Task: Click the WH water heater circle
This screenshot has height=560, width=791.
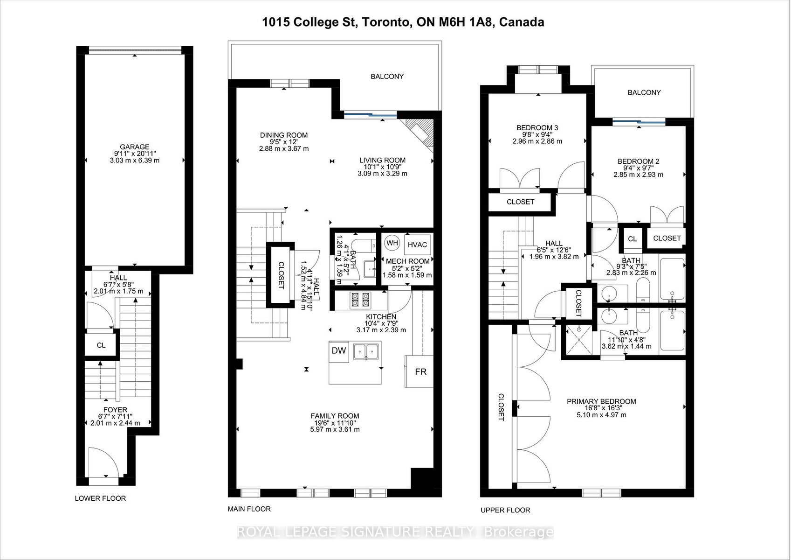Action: click(x=392, y=243)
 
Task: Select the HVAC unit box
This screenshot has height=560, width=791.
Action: click(x=417, y=245)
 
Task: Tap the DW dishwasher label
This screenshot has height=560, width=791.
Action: click(x=339, y=351)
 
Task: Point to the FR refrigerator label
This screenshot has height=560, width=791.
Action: click(x=420, y=371)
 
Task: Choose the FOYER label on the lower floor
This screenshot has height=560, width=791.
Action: click(x=116, y=410)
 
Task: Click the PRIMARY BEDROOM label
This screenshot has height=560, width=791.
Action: click(x=601, y=401)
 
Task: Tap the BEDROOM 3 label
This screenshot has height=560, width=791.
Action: click(x=537, y=127)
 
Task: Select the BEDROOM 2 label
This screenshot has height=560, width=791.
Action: click(x=638, y=161)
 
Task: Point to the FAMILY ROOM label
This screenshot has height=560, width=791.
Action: click(x=335, y=416)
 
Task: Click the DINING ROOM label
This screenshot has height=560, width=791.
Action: click(x=284, y=135)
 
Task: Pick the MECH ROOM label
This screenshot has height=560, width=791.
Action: click(x=408, y=261)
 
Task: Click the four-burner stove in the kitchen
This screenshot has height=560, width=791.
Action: click(x=360, y=300)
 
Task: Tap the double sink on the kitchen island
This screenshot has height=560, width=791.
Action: click(x=366, y=351)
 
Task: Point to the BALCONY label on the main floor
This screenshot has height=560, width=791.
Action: click(x=387, y=77)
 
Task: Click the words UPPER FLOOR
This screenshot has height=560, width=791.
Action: click(x=505, y=510)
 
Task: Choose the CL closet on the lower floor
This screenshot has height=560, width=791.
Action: click(x=101, y=345)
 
